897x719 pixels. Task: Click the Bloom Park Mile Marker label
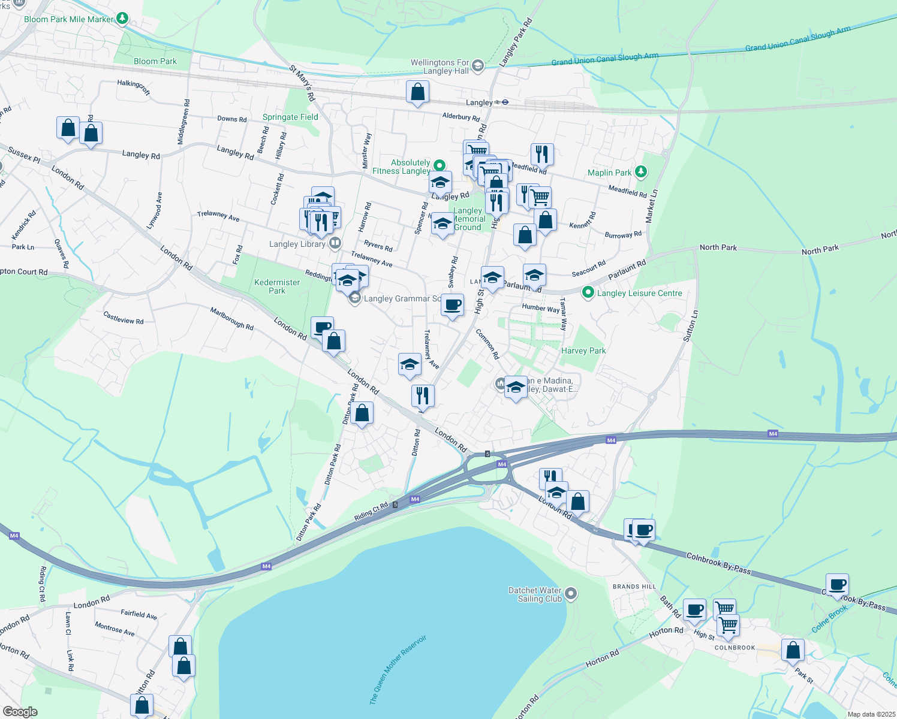[68, 19]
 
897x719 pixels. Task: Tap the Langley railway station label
[479, 102]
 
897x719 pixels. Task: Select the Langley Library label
[297, 244]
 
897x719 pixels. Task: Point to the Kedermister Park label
[277, 286]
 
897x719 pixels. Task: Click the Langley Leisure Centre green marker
[588, 293]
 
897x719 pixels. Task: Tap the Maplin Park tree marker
[641, 172]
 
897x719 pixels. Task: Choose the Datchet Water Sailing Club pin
[571, 594]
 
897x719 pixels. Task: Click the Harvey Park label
[583, 351]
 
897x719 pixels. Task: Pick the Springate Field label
[290, 117]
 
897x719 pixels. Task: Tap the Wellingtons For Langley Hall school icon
[478, 66]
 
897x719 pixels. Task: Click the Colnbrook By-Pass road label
[718, 563]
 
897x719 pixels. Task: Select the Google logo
[20, 711]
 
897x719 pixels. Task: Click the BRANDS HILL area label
[634, 587]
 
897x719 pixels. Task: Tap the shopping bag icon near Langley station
[417, 92]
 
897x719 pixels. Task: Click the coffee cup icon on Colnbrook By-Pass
[837, 584]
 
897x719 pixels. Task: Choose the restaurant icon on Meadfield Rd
[541, 154]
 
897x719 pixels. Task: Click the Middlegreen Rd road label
[184, 122]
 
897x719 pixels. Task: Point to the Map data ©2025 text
[871, 714]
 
